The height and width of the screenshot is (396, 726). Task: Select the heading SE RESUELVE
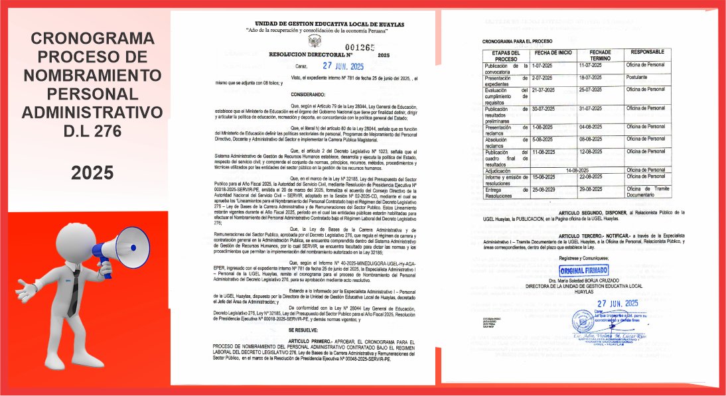click(302, 329)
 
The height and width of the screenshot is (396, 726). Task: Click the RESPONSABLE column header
click(648, 52)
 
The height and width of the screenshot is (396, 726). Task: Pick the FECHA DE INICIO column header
click(553, 52)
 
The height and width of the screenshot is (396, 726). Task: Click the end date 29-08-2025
click(590, 189)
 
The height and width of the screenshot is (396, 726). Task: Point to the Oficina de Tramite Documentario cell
click(646, 192)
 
